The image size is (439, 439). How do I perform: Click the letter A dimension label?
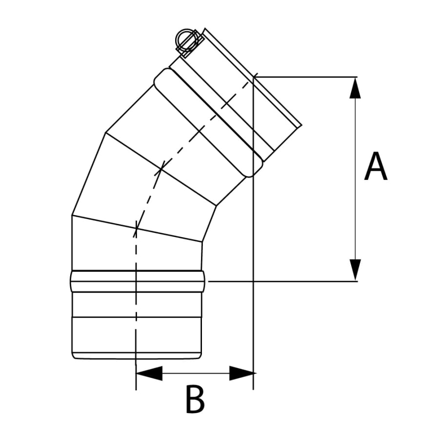tap(376, 166)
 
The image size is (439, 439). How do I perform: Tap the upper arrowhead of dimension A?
tap(355, 88)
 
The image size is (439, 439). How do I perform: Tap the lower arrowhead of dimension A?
tap(355, 270)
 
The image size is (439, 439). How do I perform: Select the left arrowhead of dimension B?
tap(149, 373)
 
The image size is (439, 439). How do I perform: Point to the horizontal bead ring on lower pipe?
tap(137, 281)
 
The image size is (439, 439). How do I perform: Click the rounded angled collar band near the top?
tap(209, 122)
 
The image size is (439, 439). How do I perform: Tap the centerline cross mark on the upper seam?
tap(160, 169)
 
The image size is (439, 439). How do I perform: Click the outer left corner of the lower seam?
tap(72, 215)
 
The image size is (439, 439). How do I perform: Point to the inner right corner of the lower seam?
tap(202, 241)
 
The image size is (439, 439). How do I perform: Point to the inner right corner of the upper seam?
tap(216, 206)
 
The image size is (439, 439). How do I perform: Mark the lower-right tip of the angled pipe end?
tap(301, 126)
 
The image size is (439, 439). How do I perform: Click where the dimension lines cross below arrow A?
tap(253, 281)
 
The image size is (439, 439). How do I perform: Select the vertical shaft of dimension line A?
tap(355, 179)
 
